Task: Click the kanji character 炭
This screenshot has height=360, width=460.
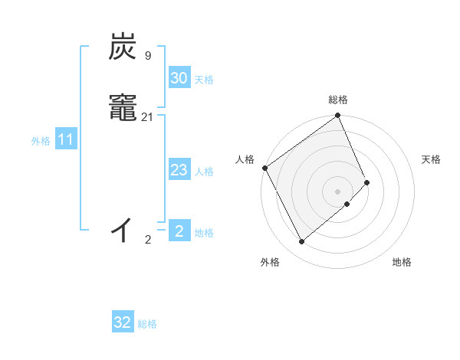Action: pyautogui.click(x=125, y=47)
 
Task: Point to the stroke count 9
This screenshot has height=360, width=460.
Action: pyautogui.click(x=147, y=56)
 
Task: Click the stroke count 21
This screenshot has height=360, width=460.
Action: pyautogui.click(x=148, y=116)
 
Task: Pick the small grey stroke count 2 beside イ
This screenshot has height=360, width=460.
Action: pyautogui.click(x=148, y=240)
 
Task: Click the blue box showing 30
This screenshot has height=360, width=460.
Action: pyautogui.click(x=179, y=78)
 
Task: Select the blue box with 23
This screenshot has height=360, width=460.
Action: pyautogui.click(x=179, y=170)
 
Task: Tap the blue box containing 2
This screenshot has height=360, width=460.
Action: pyautogui.click(x=179, y=231)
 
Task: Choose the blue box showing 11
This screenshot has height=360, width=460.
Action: pyautogui.click(x=65, y=140)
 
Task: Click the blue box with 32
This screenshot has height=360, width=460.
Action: pyautogui.click(x=123, y=322)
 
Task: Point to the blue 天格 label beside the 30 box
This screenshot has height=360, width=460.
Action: pyautogui.click(x=204, y=80)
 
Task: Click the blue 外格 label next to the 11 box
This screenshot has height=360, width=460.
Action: pyautogui.click(x=41, y=141)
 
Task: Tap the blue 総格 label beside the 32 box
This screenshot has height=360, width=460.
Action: pyautogui.click(x=147, y=324)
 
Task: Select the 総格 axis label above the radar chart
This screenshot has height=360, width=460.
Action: pyautogui.click(x=338, y=100)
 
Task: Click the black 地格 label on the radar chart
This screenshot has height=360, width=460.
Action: pyautogui.click(x=402, y=263)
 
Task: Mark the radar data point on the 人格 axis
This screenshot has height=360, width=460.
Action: pyautogui.click(x=264, y=168)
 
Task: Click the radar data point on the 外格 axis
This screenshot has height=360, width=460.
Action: pyautogui.click(x=301, y=242)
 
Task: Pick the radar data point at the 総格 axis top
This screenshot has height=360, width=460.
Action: pyautogui.click(x=338, y=116)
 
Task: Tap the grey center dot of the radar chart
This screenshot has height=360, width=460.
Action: pyautogui.click(x=338, y=191)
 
